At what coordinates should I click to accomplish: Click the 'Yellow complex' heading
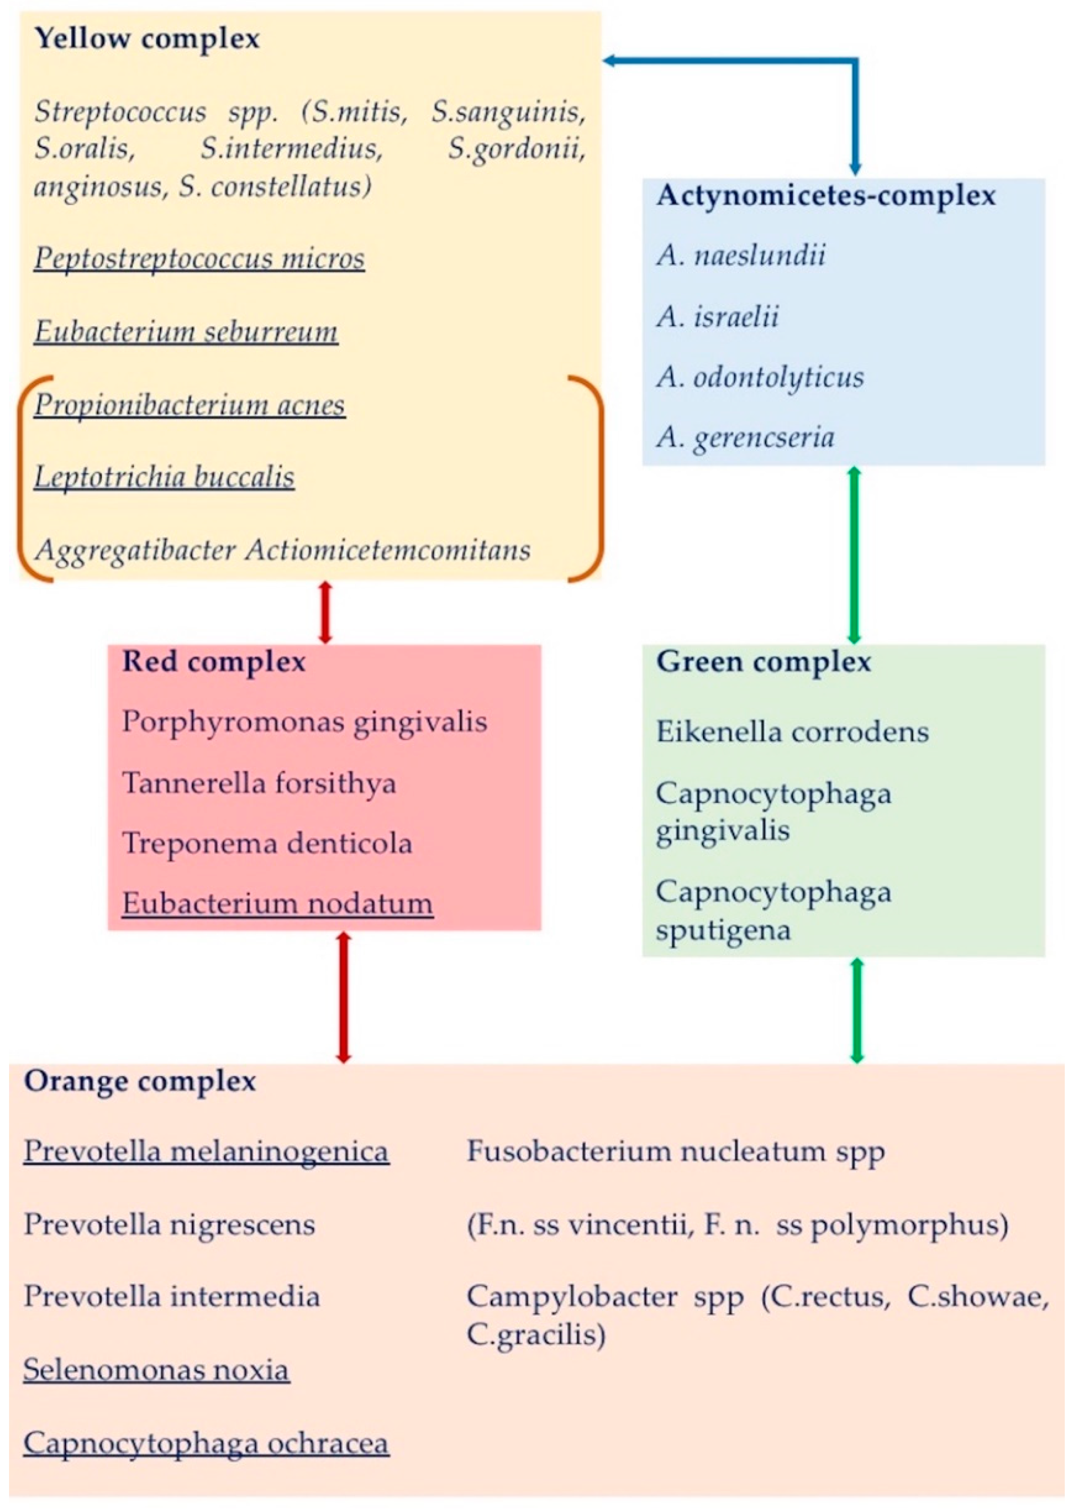point(147,38)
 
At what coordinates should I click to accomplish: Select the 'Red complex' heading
point(214,662)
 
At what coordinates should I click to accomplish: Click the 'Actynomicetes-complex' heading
point(826,196)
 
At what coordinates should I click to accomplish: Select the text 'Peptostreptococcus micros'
point(199,258)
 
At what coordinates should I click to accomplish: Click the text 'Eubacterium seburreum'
point(186,331)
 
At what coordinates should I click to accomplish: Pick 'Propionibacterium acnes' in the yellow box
point(190,404)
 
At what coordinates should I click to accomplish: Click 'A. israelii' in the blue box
point(718,316)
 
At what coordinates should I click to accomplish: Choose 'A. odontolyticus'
point(760,377)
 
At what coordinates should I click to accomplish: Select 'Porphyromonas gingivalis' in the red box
point(304,722)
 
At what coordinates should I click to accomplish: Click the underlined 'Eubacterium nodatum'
point(277,903)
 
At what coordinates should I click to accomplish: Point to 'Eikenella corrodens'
point(792,732)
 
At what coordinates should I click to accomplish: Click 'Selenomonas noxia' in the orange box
point(157,1370)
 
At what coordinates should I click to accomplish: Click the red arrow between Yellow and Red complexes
point(325,612)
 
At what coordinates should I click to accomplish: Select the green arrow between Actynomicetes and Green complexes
point(854,555)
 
